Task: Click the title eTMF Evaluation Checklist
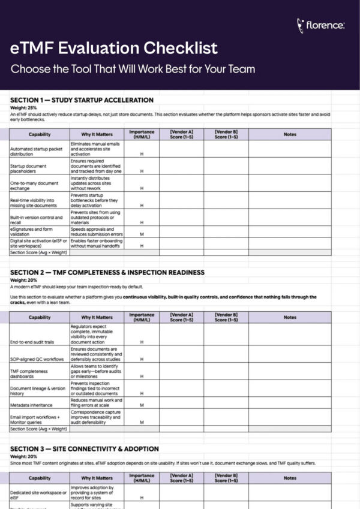click(x=114, y=48)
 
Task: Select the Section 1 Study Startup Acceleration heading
click(x=82, y=100)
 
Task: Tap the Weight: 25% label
click(x=24, y=107)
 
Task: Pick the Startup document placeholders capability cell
click(x=37, y=168)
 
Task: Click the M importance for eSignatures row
click(x=142, y=234)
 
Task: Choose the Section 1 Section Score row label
click(x=38, y=252)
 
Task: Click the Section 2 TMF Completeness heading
click(x=107, y=272)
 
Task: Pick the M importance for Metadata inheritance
click(x=142, y=405)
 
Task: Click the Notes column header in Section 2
click(x=289, y=317)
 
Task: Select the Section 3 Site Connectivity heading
click(x=84, y=448)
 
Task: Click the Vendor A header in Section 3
click(x=181, y=478)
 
